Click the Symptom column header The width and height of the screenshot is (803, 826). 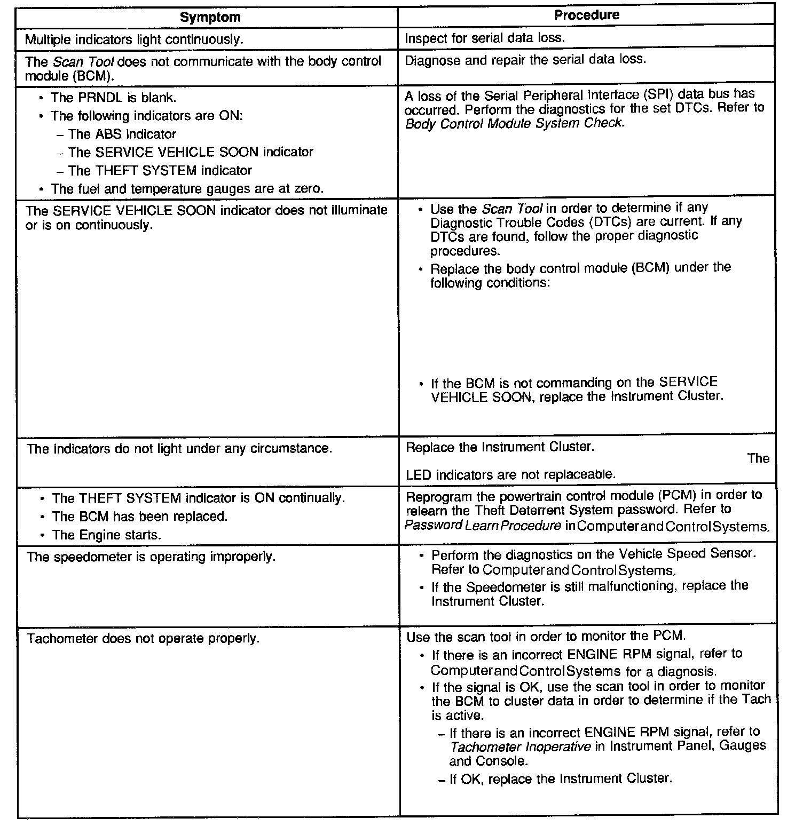pos(210,17)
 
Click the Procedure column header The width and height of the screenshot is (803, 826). pos(586,15)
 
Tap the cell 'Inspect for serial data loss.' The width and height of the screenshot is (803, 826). pos(484,38)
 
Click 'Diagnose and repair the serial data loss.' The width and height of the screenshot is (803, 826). pos(525,59)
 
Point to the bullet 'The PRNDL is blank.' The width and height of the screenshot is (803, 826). pos(113,98)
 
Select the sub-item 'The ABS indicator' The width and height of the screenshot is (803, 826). pos(122,134)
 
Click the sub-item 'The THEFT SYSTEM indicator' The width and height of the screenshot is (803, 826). pos(160,171)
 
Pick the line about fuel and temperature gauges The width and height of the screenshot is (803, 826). pos(187,189)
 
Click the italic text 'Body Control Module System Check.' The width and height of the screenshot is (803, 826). pos(514,123)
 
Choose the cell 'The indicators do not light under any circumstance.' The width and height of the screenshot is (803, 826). pos(179,449)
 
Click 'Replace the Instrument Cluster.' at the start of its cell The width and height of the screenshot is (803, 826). pos(500,447)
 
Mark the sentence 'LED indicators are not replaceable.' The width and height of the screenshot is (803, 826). pos(510,474)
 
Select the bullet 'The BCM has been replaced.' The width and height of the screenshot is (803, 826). pos(139,517)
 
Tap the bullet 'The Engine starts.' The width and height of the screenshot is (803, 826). pos(106,535)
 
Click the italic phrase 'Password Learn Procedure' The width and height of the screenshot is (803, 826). pos(483,526)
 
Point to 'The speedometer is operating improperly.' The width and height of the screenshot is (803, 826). pos(151,557)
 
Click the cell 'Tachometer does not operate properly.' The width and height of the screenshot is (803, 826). pos(143,639)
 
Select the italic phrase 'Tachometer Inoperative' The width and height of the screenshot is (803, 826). pos(520,746)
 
